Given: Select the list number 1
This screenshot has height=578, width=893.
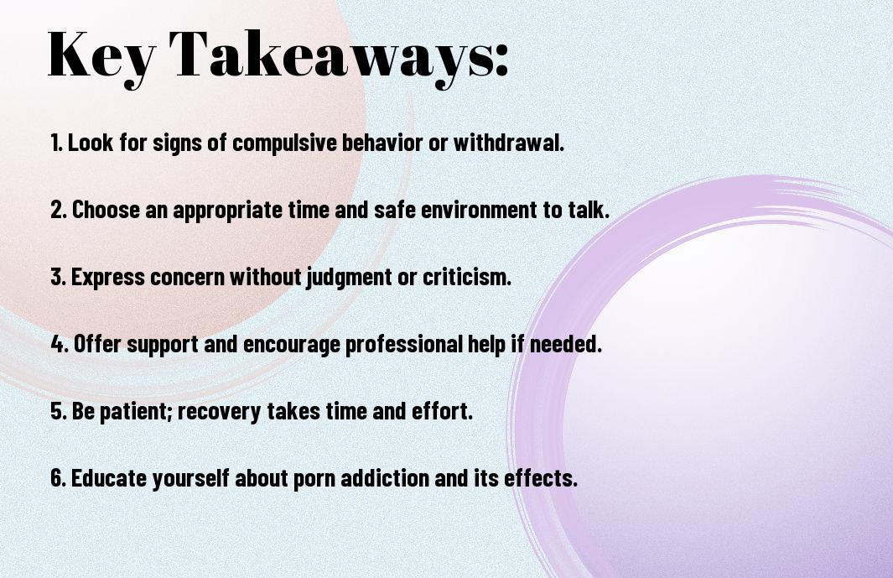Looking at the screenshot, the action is (x=56, y=143).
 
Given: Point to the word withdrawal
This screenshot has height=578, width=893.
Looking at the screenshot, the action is (x=508, y=143).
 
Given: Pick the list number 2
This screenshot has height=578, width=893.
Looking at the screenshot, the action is (x=59, y=210).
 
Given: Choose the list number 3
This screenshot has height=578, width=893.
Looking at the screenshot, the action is (x=59, y=277).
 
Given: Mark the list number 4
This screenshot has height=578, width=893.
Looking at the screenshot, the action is (x=60, y=344).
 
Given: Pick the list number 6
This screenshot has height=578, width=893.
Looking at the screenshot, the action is (x=59, y=477).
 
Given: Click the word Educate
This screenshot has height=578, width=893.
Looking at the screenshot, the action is (x=109, y=477).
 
